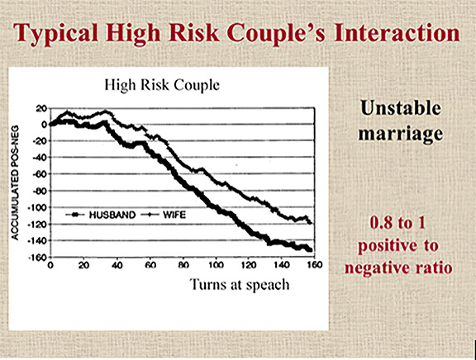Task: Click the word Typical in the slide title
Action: click(x=56, y=33)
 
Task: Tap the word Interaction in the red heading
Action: click(x=397, y=32)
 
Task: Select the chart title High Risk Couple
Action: click(x=162, y=85)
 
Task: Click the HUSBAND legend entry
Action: click(x=101, y=215)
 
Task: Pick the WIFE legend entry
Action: click(x=164, y=215)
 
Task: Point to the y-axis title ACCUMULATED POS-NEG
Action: click(x=15, y=182)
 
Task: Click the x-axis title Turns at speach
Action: click(x=240, y=285)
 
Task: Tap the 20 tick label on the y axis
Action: click(x=40, y=108)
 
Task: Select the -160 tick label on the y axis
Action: click(x=37, y=258)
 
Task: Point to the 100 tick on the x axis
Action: click(x=216, y=265)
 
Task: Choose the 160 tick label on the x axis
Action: click(x=315, y=265)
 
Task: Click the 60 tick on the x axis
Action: click(x=150, y=265)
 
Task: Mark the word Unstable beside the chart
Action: click(x=401, y=107)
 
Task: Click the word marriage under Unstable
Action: click(x=401, y=134)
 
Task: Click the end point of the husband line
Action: click(x=310, y=250)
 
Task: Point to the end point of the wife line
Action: click(x=311, y=223)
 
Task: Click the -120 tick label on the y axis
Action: click(x=37, y=225)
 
